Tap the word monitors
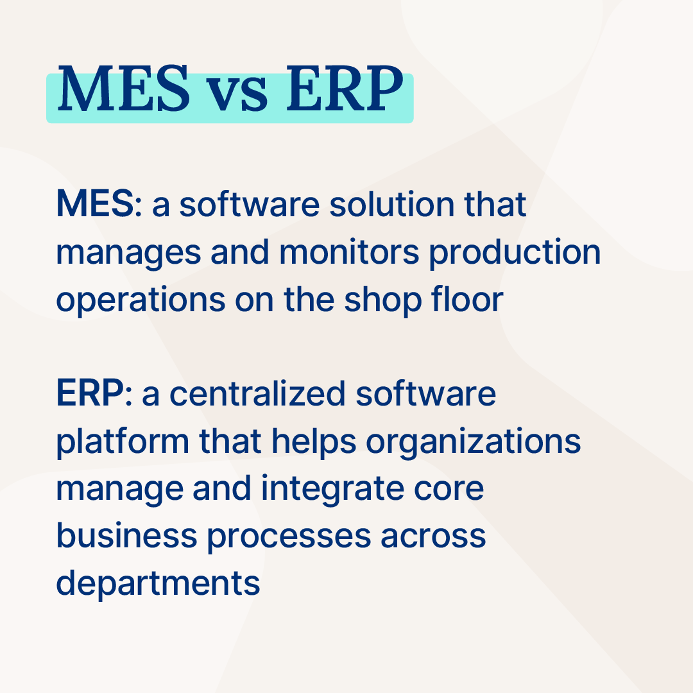pos(350,252)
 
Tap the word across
pos(433,536)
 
